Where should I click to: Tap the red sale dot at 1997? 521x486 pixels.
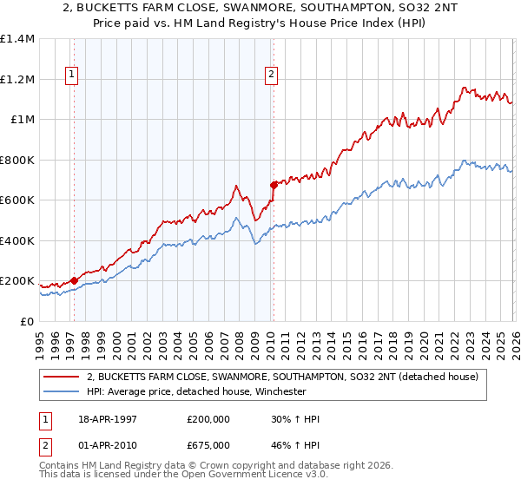[74, 280]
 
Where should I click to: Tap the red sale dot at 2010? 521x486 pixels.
[273, 185]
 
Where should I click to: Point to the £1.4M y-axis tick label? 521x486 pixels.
[17, 39]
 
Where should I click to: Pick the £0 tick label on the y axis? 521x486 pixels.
[28, 321]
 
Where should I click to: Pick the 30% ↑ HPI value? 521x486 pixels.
[295, 419]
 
